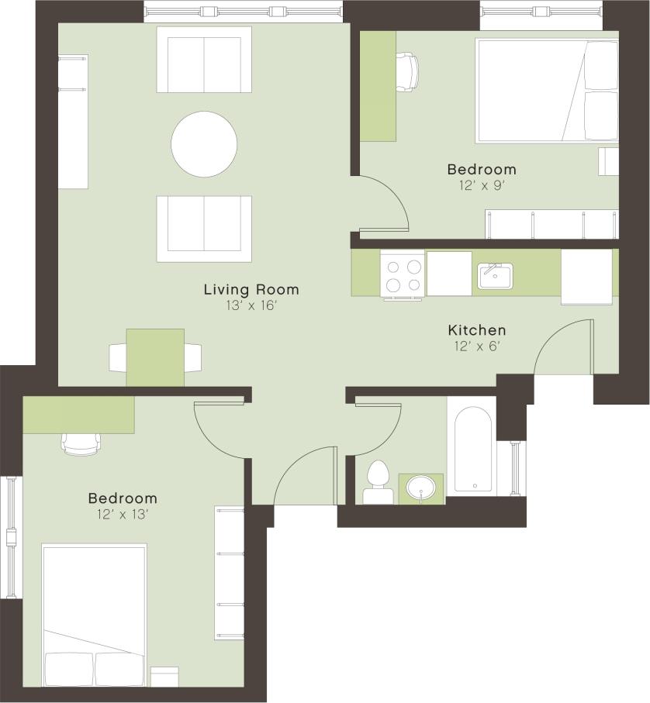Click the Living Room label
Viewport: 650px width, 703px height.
click(x=251, y=290)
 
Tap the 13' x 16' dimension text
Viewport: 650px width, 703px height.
click(x=251, y=306)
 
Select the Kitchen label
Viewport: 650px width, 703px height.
click(x=476, y=330)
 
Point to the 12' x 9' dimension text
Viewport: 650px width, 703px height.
click(x=481, y=185)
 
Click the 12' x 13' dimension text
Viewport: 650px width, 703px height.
click(x=122, y=514)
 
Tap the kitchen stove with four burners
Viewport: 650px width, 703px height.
click(x=403, y=274)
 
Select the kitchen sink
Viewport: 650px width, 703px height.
click(x=494, y=275)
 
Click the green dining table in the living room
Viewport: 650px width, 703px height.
click(x=155, y=357)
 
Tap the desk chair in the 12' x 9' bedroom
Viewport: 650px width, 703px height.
click(x=406, y=71)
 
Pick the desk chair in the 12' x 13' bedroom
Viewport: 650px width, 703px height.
click(x=81, y=443)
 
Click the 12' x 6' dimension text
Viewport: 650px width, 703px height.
click(x=476, y=346)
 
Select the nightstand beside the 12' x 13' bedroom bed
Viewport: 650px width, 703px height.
click(x=164, y=676)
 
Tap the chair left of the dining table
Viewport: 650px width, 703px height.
click(x=118, y=357)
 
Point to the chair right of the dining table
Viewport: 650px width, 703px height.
click(x=192, y=357)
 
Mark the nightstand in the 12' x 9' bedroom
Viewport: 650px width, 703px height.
click(x=608, y=162)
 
